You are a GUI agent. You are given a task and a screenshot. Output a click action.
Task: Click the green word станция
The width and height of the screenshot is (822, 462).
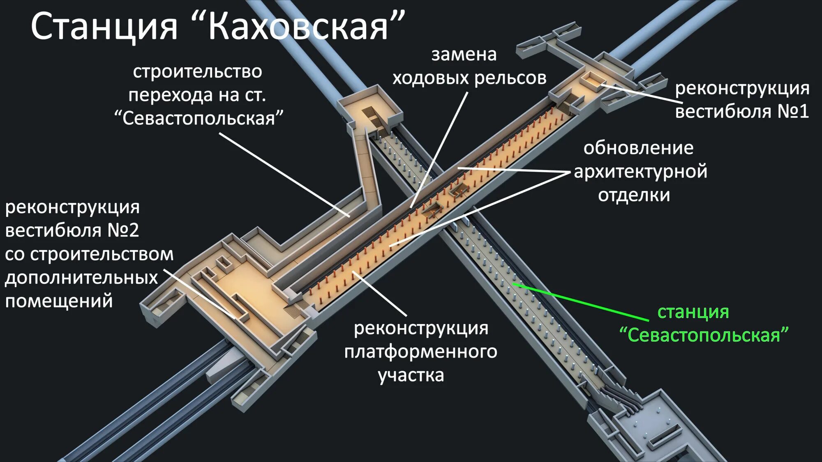click(693, 313)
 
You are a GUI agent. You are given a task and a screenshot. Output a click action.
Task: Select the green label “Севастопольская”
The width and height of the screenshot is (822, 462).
click(704, 336)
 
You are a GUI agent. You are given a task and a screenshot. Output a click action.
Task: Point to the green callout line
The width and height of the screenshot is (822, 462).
click(580, 302)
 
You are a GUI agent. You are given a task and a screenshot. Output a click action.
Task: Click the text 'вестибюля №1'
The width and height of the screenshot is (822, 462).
click(742, 112)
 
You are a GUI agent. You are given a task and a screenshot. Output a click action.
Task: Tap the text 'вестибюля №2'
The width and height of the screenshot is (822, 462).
click(72, 230)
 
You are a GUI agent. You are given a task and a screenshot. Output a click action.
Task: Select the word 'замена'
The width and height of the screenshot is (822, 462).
click(464, 55)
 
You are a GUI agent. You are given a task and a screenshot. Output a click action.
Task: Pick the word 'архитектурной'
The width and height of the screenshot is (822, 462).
click(640, 172)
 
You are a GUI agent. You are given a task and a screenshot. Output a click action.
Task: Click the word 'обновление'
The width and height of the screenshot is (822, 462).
click(638, 148)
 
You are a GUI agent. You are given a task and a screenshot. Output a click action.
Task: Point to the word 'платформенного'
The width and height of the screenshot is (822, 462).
click(420, 352)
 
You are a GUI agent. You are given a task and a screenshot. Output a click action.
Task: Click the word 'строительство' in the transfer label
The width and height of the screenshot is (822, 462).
click(197, 72)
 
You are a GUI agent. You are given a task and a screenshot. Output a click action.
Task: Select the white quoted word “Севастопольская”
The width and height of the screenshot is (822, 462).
click(199, 119)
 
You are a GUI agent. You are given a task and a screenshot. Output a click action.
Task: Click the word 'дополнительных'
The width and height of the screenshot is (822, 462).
click(81, 278)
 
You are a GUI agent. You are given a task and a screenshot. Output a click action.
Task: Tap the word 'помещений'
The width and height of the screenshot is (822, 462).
click(59, 301)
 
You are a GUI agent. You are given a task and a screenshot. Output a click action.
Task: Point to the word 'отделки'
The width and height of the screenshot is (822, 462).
click(634, 195)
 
